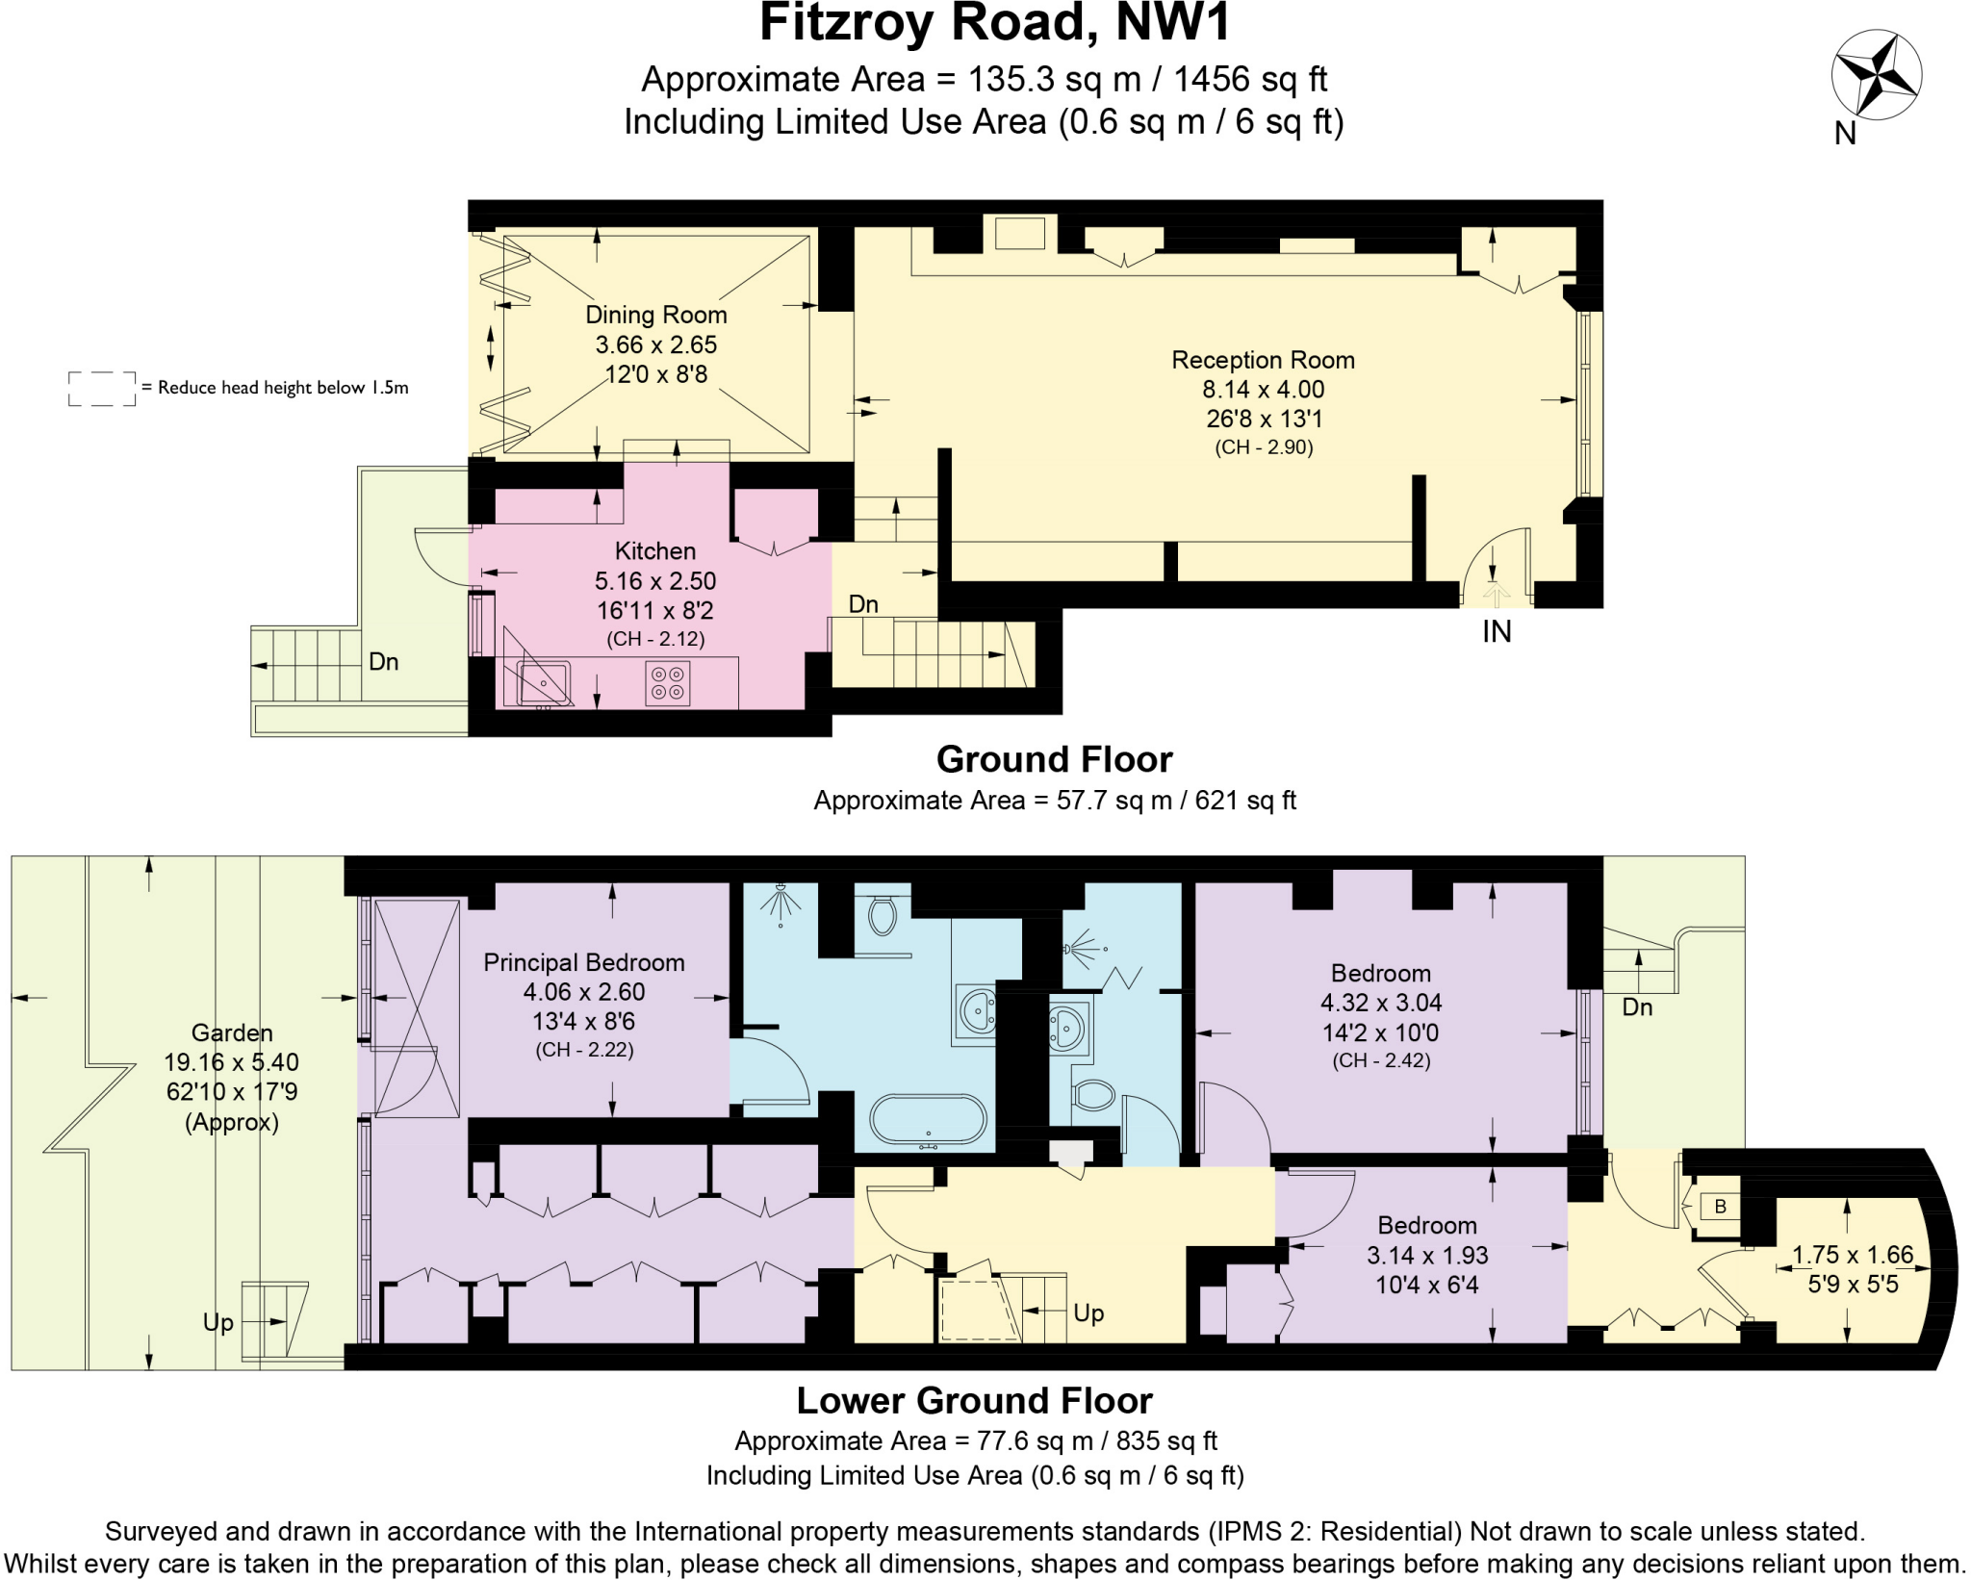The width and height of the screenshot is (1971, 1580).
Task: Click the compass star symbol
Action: (x=1876, y=74)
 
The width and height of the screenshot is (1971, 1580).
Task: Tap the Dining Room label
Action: (x=655, y=315)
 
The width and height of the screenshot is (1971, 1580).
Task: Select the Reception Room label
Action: (x=1263, y=360)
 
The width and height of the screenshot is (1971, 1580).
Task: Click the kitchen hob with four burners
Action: (x=667, y=682)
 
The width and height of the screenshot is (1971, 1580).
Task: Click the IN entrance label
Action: (x=1497, y=631)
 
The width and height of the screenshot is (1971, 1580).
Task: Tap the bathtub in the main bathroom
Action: (x=928, y=1120)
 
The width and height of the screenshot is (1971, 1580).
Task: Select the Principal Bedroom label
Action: (x=583, y=962)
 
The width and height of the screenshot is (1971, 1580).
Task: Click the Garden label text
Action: (x=232, y=1032)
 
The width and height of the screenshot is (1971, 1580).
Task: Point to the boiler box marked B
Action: (x=1720, y=1206)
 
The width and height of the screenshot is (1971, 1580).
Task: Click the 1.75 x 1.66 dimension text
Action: (x=1853, y=1255)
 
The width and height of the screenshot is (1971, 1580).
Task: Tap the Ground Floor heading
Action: (x=1054, y=759)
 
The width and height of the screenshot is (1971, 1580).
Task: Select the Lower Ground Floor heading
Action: (x=974, y=1400)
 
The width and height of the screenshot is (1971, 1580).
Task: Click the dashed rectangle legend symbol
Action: (x=102, y=388)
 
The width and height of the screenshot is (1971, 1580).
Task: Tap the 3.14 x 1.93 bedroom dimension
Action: (x=1427, y=1255)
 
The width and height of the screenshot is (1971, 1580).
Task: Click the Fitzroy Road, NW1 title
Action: (x=994, y=23)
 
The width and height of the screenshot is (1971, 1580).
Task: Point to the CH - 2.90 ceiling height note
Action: (x=1264, y=446)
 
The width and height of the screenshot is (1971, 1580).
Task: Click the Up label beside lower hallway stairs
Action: (x=1088, y=1312)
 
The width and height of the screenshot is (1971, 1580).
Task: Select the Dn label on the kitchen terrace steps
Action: (x=383, y=661)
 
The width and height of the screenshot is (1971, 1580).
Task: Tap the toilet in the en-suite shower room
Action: (x=1093, y=1095)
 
